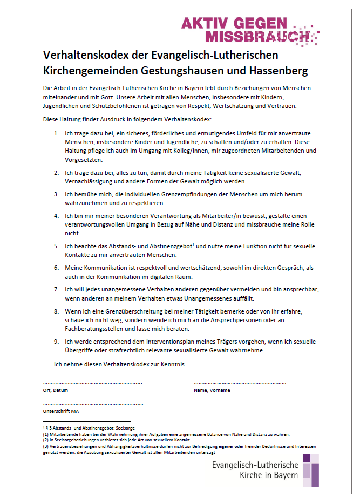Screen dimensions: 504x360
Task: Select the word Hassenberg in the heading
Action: click(x=276, y=71)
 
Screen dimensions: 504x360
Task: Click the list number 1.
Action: click(x=57, y=133)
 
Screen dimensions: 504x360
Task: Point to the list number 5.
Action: click(x=57, y=246)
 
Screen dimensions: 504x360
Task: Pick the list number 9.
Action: click(x=57, y=342)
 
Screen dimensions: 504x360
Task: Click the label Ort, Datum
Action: click(x=56, y=390)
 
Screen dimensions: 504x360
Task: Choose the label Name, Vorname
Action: click(x=212, y=390)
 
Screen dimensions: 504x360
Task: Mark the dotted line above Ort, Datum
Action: click(x=92, y=383)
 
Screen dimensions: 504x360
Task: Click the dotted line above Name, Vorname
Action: click(x=240, y=383)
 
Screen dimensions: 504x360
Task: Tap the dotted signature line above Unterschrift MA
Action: click(x=93, y=404)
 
